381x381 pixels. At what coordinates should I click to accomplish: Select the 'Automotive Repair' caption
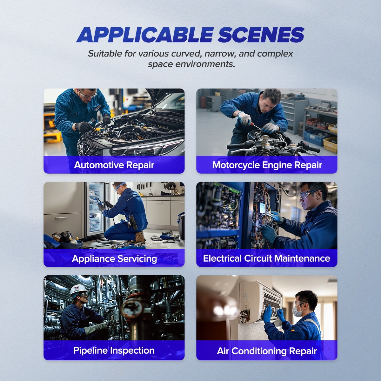pos(114,165)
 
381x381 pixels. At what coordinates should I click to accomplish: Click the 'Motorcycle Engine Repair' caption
pos(267,165)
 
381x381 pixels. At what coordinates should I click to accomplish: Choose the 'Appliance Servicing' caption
pos(114,258)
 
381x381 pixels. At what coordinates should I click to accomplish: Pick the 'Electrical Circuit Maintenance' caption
pos(267,258)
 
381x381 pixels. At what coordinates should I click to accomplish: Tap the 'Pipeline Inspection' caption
pos(114,351)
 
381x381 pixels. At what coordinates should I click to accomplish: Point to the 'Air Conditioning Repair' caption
pos(267,351)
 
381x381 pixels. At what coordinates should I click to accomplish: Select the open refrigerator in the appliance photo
pos(96,210)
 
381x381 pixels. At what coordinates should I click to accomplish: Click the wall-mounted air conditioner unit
pos(259,300)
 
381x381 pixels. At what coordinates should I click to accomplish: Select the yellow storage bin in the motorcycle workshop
pos(330,145)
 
